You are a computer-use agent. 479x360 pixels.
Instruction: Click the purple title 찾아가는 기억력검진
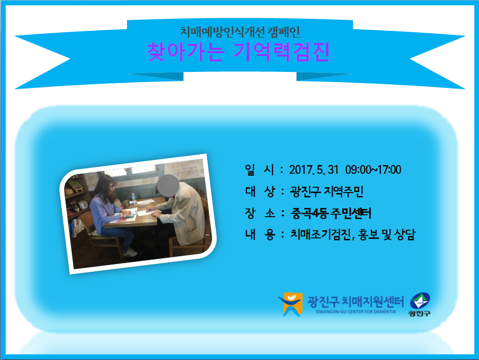coord(239,52)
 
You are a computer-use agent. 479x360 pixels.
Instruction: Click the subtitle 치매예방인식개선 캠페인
coord(239,32)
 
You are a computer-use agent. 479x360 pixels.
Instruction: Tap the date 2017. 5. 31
coord(314,170)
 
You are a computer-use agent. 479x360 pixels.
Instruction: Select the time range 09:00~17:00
coord(373,170)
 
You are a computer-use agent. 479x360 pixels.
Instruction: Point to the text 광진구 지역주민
coord(326,192)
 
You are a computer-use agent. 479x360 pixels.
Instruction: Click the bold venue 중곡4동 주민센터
coord(331,213)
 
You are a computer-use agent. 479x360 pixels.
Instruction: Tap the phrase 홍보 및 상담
coord(387,235)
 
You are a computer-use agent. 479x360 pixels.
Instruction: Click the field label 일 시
coord(259,170)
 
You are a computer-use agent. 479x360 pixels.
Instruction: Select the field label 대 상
coord(260,192)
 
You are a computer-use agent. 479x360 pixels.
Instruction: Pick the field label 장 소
coord(260,213)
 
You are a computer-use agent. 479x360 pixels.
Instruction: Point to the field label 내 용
coord(260,235)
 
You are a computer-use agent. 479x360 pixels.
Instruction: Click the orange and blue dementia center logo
coord(291,304)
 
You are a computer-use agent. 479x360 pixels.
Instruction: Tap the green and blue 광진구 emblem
coord(420,304)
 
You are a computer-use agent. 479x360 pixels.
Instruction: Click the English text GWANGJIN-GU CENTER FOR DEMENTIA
coord(356,312)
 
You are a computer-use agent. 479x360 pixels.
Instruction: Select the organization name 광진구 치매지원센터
coord(355,302)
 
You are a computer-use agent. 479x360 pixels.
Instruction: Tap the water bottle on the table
coord(133,198)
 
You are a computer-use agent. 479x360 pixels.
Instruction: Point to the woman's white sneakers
coord(130,252)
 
